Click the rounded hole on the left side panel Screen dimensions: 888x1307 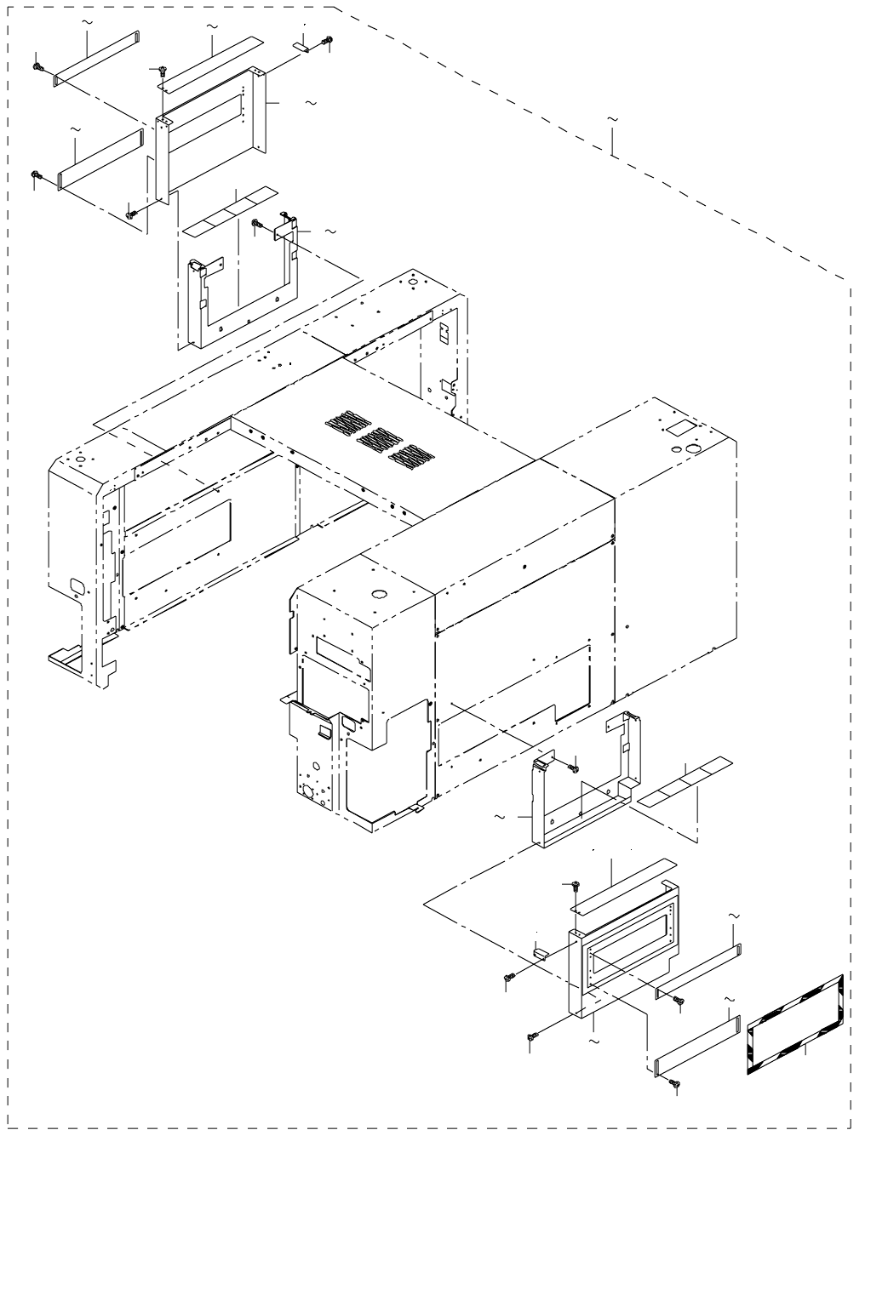[x=75, y=585]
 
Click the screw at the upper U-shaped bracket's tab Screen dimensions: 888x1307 [x=256, y=224]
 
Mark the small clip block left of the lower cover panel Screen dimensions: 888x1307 [x=539, y=953]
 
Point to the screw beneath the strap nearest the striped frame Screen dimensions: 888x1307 [x=676, y=1086]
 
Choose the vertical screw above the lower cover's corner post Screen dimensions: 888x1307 [x=575, y=888]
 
